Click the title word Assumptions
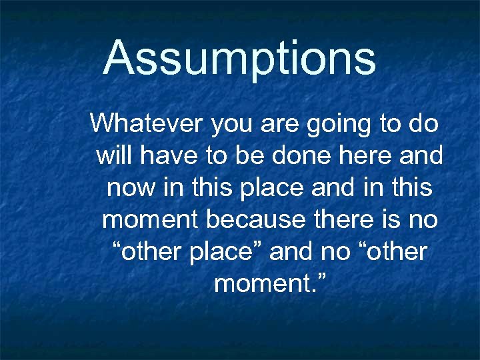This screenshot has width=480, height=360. pos(240,57)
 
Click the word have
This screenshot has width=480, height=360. pos(161,156)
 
